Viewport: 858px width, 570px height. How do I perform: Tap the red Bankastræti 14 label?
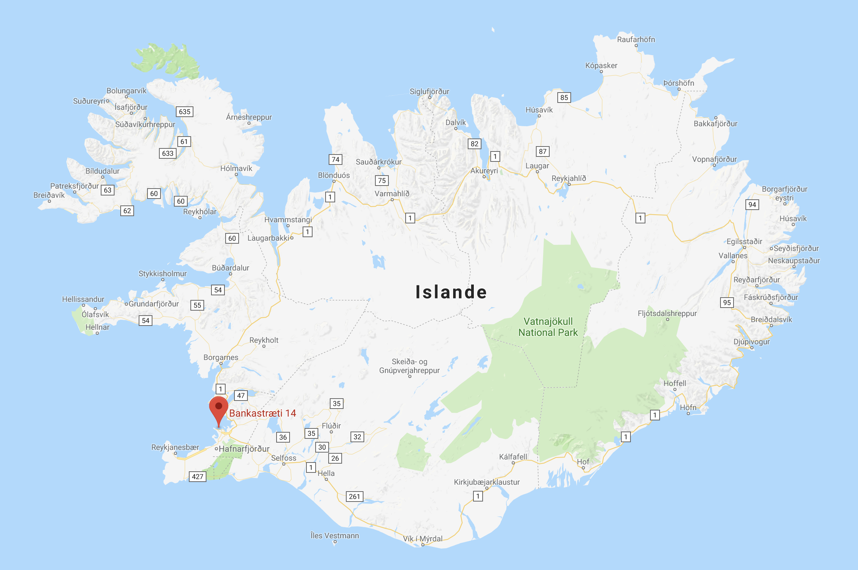[262, 413]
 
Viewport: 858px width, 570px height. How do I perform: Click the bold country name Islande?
[451, 292]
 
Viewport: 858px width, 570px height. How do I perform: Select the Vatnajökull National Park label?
[548, 327]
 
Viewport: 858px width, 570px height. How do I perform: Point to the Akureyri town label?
[484, 171]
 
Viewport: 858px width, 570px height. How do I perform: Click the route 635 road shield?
[185, 112]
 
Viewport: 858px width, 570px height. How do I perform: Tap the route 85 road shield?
[564, 98]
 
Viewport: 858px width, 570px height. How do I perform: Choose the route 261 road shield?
[354, 497]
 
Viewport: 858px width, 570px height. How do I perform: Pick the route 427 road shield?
[198, 477]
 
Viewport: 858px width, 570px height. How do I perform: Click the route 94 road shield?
[752, 205]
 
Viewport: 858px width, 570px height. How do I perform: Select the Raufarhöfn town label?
[636, 39]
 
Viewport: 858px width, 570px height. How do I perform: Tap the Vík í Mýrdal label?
[422, 539]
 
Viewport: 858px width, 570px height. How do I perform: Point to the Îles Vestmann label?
[335, 536]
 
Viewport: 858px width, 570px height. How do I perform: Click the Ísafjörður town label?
[131, 107]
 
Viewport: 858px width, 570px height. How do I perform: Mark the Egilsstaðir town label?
[744, 241]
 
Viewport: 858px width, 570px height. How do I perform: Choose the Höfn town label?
[688, 407]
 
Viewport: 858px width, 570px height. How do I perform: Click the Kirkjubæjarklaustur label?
[487, 482]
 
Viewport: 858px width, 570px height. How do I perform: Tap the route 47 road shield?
[241, 396]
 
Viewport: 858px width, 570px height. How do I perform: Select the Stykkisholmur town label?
[163, 274]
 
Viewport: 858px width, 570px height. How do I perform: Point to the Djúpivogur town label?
[752, 342]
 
